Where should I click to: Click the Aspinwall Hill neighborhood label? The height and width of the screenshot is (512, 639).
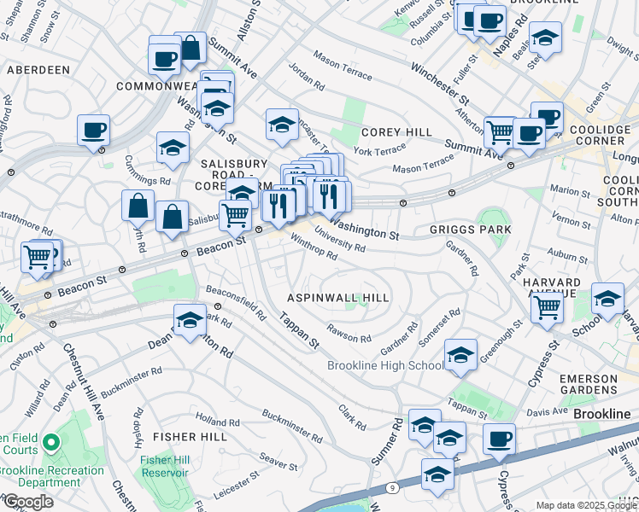click(337, 298)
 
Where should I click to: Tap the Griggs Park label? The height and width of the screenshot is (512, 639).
click(470, 230)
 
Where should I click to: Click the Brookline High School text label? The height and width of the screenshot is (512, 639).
click(385, 366)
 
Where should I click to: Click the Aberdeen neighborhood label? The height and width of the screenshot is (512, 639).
click(38, 69)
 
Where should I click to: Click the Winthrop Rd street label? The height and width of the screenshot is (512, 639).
click(314, 247)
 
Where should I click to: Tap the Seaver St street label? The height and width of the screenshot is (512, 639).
click(278, 461)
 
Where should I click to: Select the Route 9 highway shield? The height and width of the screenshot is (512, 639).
click(391, 487)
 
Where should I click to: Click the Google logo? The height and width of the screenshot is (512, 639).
click(27, 502)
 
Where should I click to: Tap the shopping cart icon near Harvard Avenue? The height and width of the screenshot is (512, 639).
click(547, 306)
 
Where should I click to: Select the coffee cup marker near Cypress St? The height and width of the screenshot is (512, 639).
click(500, 439)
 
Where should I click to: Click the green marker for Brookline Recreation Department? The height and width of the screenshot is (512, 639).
click(50, 443)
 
